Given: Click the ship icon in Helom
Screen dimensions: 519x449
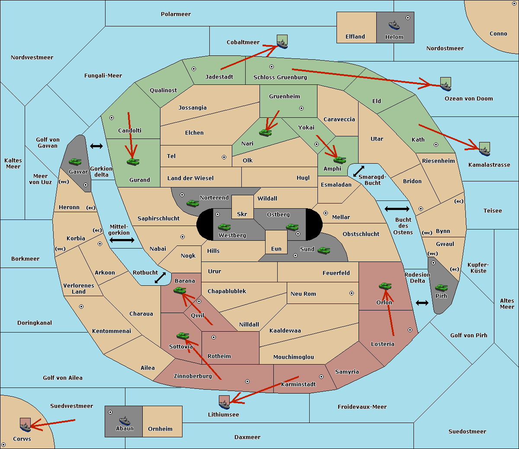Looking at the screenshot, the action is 394,26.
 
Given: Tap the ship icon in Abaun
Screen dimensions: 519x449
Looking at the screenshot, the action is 125,421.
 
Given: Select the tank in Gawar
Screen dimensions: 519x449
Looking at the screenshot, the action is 75,162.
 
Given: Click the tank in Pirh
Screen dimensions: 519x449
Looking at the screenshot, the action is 441,287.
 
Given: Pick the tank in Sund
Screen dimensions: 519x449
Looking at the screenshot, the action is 324,251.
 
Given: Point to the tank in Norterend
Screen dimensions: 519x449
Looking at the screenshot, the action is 192,203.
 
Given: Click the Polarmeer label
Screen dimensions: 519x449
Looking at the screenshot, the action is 176,14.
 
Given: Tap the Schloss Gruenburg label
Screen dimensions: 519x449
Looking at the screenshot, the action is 280,77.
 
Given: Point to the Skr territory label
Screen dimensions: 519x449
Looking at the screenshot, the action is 242,214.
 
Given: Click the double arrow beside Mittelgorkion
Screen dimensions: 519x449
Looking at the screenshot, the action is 122,240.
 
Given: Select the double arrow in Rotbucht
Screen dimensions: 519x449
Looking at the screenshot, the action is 160,278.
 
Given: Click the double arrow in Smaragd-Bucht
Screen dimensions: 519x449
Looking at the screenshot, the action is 359,171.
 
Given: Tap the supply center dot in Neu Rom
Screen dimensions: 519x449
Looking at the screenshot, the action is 352,293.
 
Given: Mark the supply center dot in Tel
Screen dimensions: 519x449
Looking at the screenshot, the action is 224,157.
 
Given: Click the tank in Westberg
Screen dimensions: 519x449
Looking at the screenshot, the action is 224,227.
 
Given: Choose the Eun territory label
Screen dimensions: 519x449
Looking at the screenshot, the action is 276,249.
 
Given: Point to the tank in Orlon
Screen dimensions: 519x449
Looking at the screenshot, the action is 385,286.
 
